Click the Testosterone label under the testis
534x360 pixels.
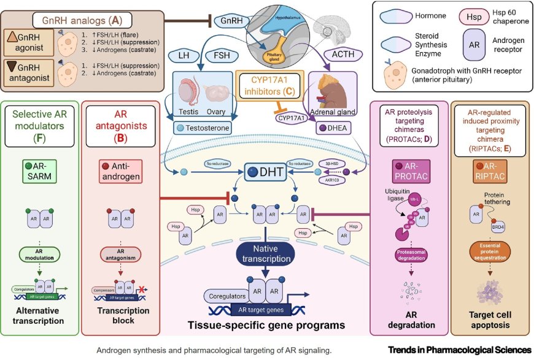(203, 128)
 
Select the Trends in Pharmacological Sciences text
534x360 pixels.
(459, 351)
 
